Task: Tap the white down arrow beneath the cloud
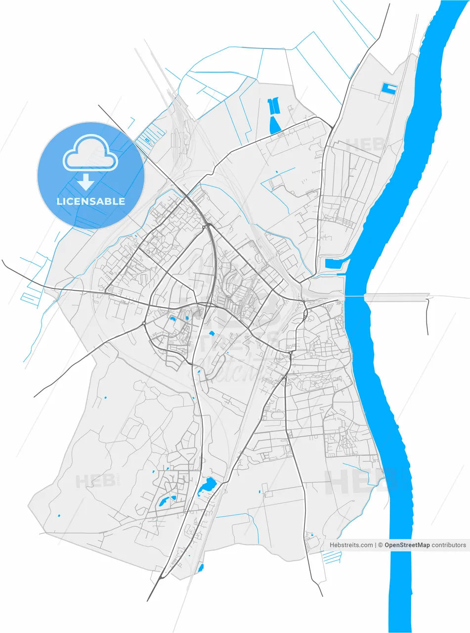(85, 182)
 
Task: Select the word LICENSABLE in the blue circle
(90, 201)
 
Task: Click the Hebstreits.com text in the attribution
(351, 545)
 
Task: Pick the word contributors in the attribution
(448, 545)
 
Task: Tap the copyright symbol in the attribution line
(381, 545)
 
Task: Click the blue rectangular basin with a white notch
(389, 89)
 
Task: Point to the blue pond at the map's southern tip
(200, 568)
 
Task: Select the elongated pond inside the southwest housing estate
(163, 502)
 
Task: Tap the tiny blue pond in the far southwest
(59, 516)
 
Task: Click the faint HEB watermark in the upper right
(365, 145)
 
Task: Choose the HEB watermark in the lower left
(95, 481)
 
